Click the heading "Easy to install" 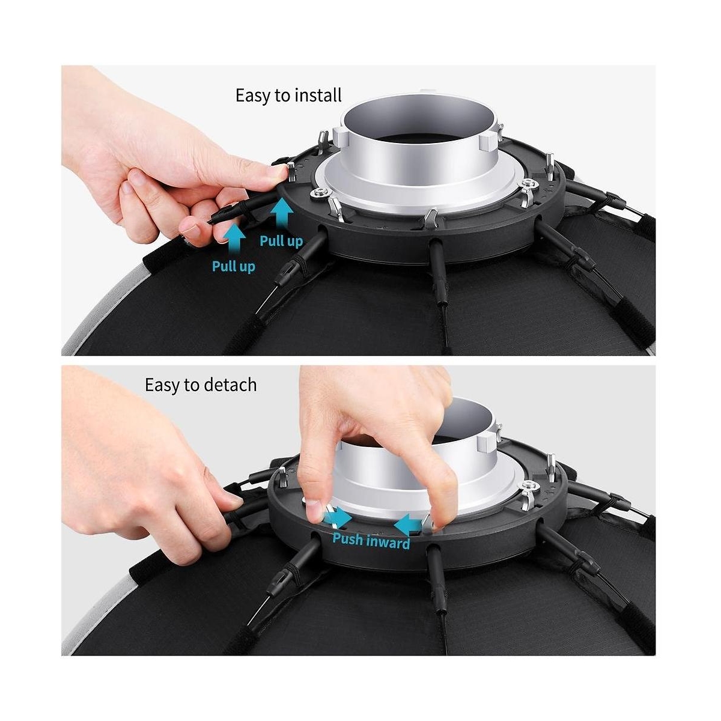point(288,96)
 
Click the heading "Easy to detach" point(201,385)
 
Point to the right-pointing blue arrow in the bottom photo point(338,519)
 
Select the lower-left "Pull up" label point(234,266)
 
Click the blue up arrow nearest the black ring point(282,214)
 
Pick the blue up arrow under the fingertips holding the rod point(234,239)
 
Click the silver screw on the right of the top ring point(528,183)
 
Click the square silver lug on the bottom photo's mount point(488,442)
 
